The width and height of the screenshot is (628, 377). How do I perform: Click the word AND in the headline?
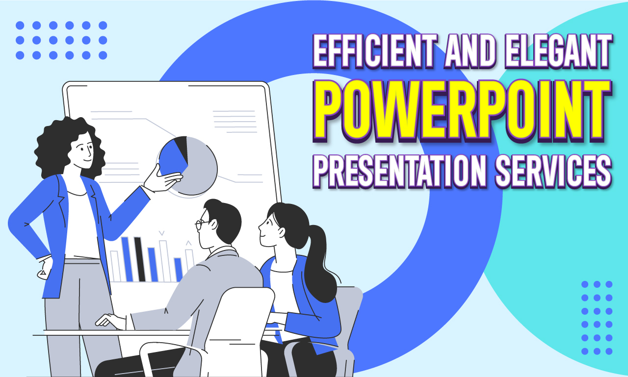pyautogui.click(x=463, y=53)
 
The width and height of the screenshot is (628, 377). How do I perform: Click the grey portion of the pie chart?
pyautogui.click(x=201, y=169)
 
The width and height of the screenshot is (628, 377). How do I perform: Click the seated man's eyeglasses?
pyautogui.click(x=201, y=225)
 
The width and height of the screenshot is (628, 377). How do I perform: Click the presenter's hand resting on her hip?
pyautogui.click(x=44, y=267)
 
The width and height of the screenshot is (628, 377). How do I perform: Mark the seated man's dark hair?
pyautogui.click(x=223, y=216)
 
